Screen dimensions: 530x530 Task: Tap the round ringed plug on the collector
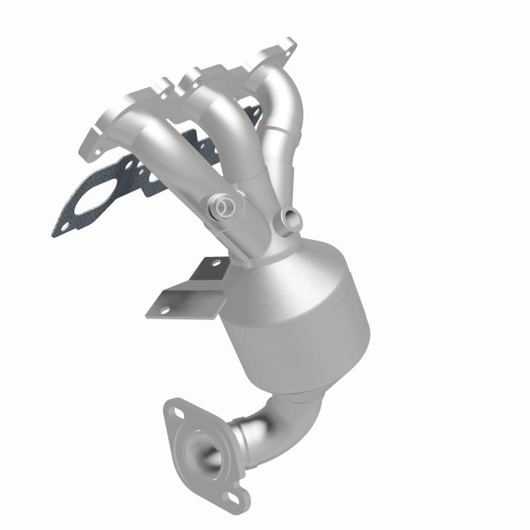pos(225,207)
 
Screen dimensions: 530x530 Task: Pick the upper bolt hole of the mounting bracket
pos(213,263)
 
